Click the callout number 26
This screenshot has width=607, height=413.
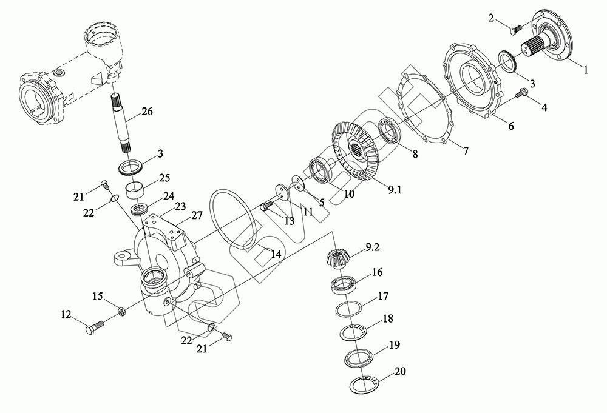click(147, 112)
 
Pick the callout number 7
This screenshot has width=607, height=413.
click(466, 152)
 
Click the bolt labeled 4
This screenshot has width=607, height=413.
click(520, 95)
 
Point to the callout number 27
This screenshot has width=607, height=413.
click(197, 215)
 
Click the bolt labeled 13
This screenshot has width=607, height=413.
click(266, 207)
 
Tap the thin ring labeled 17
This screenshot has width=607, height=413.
click(350, 309)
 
